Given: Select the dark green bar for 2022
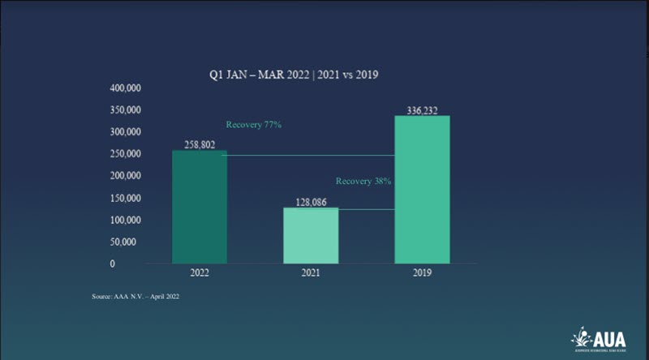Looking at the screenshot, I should [199, 207].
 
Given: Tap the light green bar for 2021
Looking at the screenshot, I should [310, 235].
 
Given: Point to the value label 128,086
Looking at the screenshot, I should [310, 201].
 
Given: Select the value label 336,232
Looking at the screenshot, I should [422, 109].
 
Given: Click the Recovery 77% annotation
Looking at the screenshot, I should [253, 125].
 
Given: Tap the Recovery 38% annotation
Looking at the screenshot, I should [364, 181].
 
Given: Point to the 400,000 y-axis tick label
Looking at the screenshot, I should [126, 87].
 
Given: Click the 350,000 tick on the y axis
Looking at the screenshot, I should [126, 109].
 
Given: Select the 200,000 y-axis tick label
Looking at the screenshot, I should [126, 175].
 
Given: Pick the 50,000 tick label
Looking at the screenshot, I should [128, 242].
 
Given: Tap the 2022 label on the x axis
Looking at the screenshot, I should [199, 274].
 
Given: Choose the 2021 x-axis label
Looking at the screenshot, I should [310, 274].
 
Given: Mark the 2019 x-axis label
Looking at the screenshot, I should [422, 274].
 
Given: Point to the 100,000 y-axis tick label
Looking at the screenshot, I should [126, 220].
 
